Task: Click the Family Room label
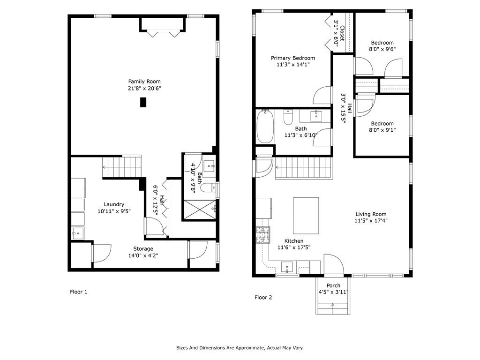coord(144,82)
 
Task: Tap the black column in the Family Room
coord(143,102)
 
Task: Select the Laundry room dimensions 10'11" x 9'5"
coord(114,211)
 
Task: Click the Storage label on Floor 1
coord(143,249)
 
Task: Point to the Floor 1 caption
coord(79,292)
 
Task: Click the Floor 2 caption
coord(263,297)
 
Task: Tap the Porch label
coord(333,285)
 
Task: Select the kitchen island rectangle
coord(306,216)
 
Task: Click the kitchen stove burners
coord(263,235)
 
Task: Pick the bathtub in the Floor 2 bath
coord(265,127)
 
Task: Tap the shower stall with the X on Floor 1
coord(199,210)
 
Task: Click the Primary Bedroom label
coord(293,58)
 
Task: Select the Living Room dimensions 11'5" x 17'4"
coord(371,221)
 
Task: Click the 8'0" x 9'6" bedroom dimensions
coord(382,49)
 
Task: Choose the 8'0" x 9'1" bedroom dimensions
coord(382,130)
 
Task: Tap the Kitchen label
coord(294,241)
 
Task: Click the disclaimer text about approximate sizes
coord(240,348)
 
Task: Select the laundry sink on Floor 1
coord(78,233)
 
